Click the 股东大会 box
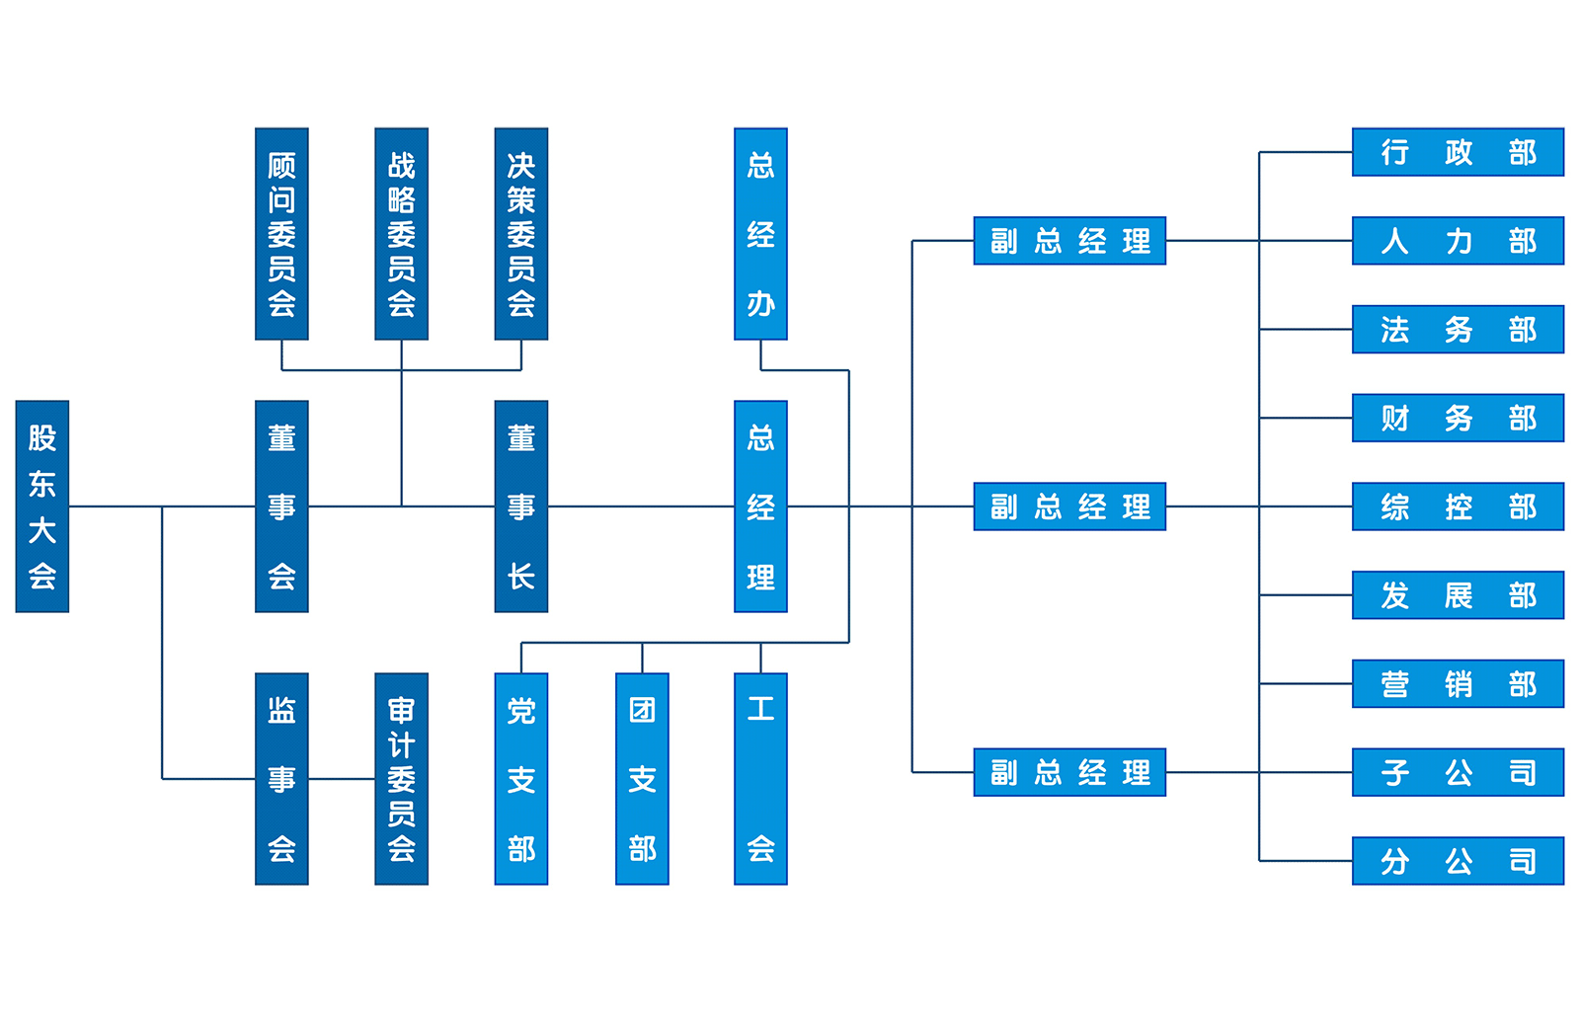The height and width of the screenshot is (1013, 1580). [x=41, y=506]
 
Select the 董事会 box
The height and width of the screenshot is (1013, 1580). [x=282, y=506]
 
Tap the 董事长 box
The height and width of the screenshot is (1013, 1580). [x=521, y=506]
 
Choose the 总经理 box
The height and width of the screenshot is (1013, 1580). [x=760, y=506]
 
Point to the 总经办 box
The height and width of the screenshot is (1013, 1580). [x=760, y=235]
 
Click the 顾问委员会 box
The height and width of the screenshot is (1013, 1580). [x=282, y=235]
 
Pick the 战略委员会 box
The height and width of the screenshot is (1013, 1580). [x=401, y=235]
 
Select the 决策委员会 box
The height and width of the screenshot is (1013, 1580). [x=521, y=235]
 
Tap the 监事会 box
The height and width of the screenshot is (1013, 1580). [x=282, y=779]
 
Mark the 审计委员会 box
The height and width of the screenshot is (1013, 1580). [x=401, y=779]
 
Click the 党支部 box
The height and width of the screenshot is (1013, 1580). [x=521, y=779]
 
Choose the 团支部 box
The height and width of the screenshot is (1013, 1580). [x=642, y=779]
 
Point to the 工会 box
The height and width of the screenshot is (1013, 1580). [x=760, y=779]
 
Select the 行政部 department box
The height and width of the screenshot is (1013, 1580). [x=1459, y=153]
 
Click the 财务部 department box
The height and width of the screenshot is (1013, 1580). [x=1459, y=418]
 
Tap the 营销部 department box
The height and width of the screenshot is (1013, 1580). [x=1459, y=683]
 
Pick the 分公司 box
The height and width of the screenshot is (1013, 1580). [x=1459, y=861]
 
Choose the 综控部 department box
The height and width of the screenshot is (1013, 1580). [x=1459, y=506]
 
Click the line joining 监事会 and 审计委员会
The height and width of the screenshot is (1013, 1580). [x=342, y=779]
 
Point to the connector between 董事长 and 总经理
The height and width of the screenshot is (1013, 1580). [x=642, y=506]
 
